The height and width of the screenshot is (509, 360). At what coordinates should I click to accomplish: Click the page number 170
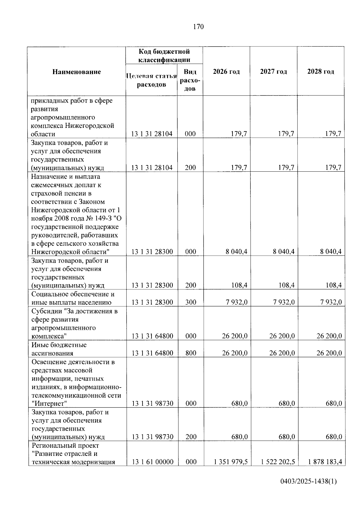[198, 27]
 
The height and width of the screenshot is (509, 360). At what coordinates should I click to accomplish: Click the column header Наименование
[76, 72]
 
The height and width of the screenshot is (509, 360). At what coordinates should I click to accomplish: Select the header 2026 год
[226, 71]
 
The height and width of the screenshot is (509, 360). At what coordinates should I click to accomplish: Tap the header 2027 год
[273, 71]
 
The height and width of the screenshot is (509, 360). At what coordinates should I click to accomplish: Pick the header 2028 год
[320, 71]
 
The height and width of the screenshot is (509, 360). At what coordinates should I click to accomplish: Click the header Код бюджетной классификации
[164, 56]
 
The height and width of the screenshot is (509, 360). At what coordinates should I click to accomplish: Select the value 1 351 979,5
[230, 462]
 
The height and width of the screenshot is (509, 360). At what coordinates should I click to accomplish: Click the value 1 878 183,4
[325, 462]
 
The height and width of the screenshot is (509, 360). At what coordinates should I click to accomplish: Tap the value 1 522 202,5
[278, 462]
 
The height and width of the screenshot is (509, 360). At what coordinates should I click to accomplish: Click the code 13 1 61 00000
[152, 462]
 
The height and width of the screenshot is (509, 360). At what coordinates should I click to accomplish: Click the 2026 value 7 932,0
[237, 302]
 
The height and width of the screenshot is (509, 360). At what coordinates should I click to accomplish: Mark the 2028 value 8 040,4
[331, 252]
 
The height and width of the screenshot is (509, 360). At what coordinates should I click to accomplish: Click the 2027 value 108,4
[286, 285]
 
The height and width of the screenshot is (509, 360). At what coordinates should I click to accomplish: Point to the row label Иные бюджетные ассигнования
[59, 349]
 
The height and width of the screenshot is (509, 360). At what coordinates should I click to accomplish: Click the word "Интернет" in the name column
[49, 403]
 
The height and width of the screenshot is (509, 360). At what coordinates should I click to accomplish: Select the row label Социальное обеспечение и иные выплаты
[73, 298]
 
